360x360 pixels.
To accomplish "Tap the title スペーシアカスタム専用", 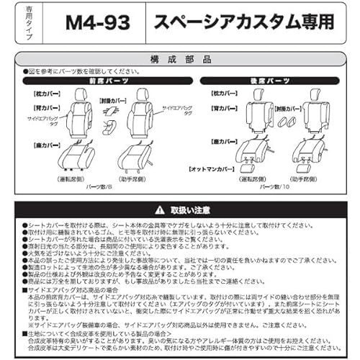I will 245,22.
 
